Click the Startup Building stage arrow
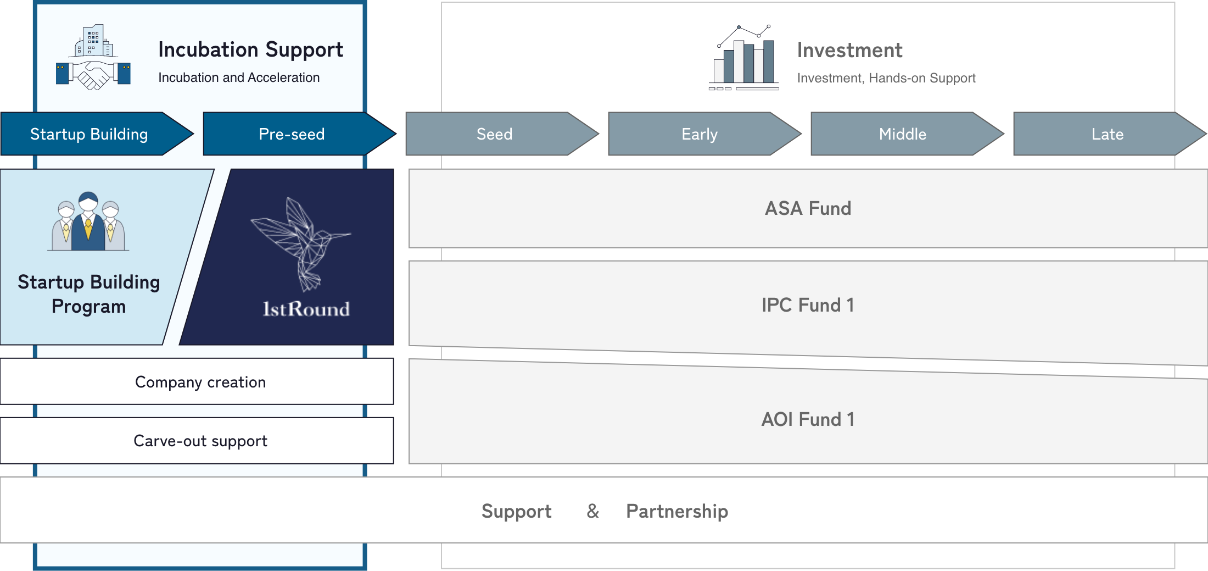pyautogui.click(x=89, y=134)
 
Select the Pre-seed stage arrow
pyautogui.click(x=292, y=134)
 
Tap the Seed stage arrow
pyautogui.click(x=494, y=134)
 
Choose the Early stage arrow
pyautogui.click(x=699, y=134)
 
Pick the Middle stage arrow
pyautogui.click(x=902, y=134)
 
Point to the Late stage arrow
pyautogui.click(x=1107, y=134)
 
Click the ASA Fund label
pyautogui.click(x=808, y=208)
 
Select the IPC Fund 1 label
pyautogui.click(x=808, y=305)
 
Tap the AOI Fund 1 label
pyautogui.click(x=808, y=419)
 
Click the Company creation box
pyautogui.click(x=200, y=382)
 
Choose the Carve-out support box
pyautogui.click(x=200, y=441)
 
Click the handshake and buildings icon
pyautogui.click(x=93, y=58)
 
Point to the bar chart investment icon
pyautogui.click(x=744, y=58)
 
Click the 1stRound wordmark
pyautogui.click(x=306, y=309)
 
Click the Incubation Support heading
pyautogui.click(x=250, y=49)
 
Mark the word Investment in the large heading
pyautogui.click(x=849, y=50)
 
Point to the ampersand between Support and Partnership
pyautogui.click(x=592, y=511)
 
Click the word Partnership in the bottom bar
pyautogui.click(x=677, y=511)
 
